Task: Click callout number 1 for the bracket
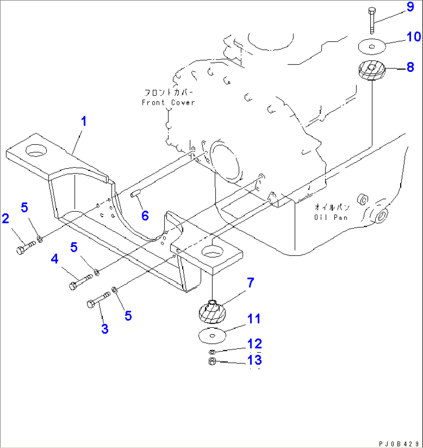[83, 122]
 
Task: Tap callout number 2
[5, 219]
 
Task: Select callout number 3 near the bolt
[104, 329]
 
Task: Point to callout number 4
[54, 258]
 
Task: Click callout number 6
[145, 216]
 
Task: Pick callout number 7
[250, 283]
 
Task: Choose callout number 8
[410, 67]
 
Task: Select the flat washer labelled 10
[371, 46]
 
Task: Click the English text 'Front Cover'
[168, 103]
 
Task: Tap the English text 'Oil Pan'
[331, 217]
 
